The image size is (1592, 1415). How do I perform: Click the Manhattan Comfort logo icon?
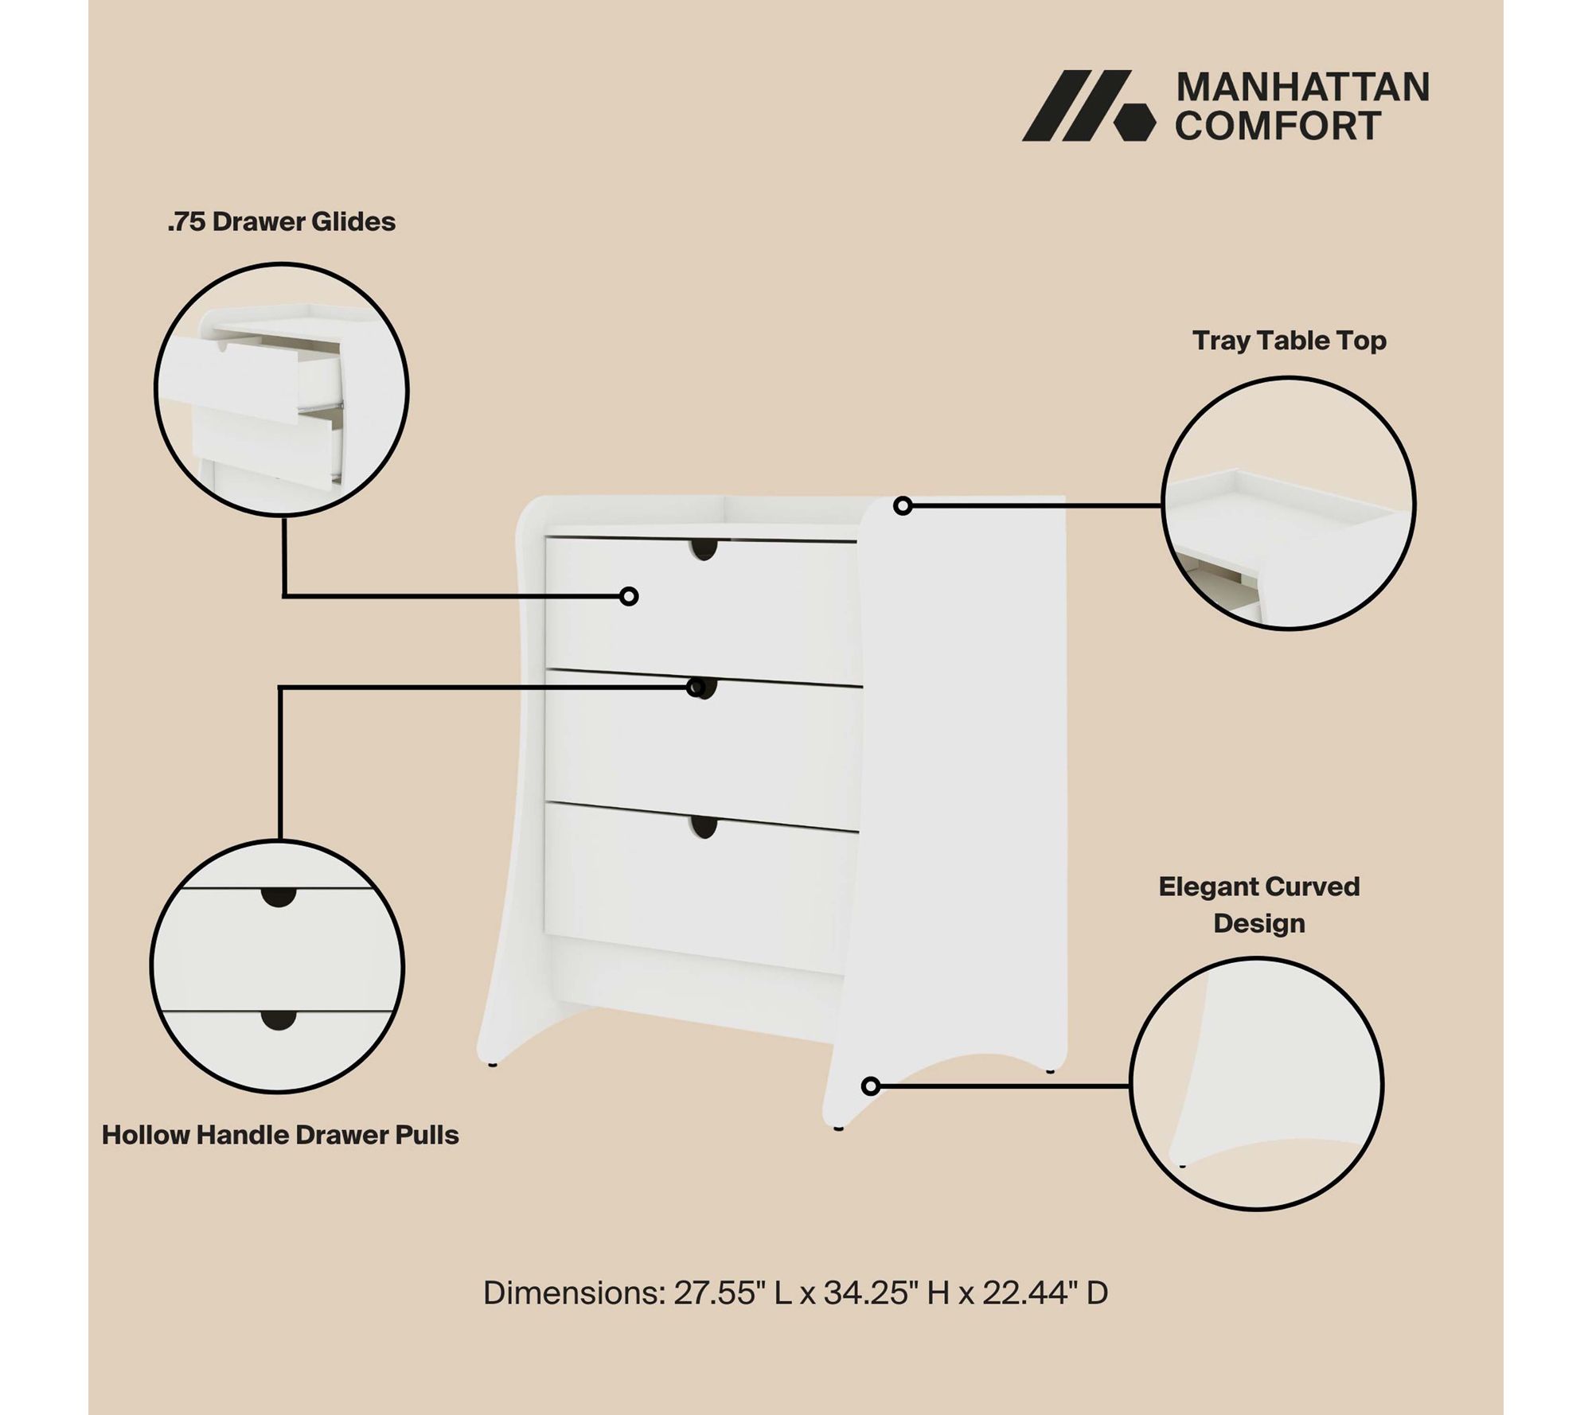[x=1088, y=106]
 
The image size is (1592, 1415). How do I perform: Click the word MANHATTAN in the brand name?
[x=1303, y=88]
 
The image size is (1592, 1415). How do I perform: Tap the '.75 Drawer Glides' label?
[x=281, y=221]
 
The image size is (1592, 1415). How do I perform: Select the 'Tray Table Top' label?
[x=1290, y=341]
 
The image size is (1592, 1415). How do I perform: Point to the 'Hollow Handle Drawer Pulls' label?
[x=280, y=1135]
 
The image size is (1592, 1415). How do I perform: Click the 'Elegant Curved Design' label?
[x=1259, y=905]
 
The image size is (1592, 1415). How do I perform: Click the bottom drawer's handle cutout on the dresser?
[x=704, y=827]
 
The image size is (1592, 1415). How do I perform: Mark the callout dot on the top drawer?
[x=629, y=596]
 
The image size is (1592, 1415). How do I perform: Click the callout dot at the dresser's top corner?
[x=903, y=505]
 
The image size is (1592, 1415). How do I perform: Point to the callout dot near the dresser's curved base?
[x=871, y=1086]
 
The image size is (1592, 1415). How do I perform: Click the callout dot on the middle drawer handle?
[x=696, y=688]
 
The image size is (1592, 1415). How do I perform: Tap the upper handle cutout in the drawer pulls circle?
[x=279, y=897]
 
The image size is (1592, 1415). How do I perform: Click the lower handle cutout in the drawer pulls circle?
[x=278, y=1020]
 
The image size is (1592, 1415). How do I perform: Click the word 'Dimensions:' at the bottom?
[x=574, y=1293]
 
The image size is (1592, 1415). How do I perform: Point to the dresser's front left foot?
[x=838, y=1128]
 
